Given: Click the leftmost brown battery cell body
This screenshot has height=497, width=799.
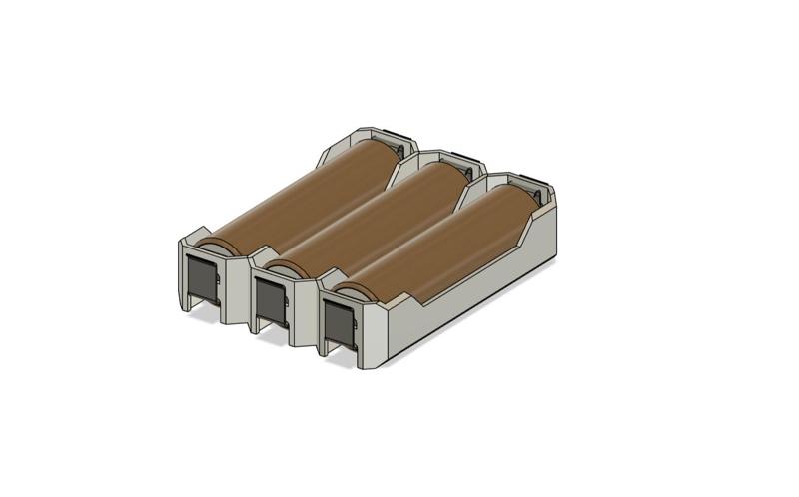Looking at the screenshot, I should pos(300,196).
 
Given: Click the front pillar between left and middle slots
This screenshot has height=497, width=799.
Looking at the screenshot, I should pos(238,289).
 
